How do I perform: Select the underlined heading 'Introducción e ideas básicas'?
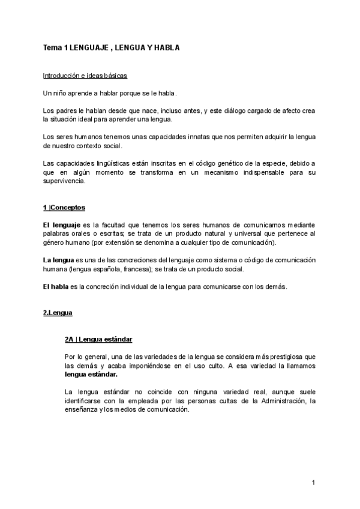(x=85, y=76)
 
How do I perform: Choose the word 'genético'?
(x=208, y=164)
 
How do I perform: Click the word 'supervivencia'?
(x=65, y=181)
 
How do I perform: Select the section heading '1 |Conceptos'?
(x=64, y=207)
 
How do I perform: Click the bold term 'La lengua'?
(x=58, y=260)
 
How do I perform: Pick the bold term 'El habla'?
(x=55, y=286)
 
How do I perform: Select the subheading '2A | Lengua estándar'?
(x=98, y=339)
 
